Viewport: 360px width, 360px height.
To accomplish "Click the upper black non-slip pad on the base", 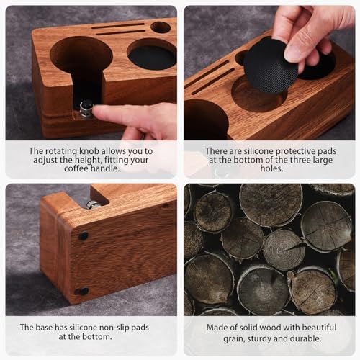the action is pos(83,236).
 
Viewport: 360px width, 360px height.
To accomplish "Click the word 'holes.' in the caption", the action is pos(271,168).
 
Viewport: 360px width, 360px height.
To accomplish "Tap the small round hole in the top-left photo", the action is pos(161,27).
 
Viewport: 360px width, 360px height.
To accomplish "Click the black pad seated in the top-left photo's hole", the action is pos(152,58).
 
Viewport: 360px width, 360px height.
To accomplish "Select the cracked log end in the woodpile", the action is pos(284,250).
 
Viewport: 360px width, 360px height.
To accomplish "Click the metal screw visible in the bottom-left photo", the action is pos(93,204).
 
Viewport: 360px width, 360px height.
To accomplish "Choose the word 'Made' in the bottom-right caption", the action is pos(215,328).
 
